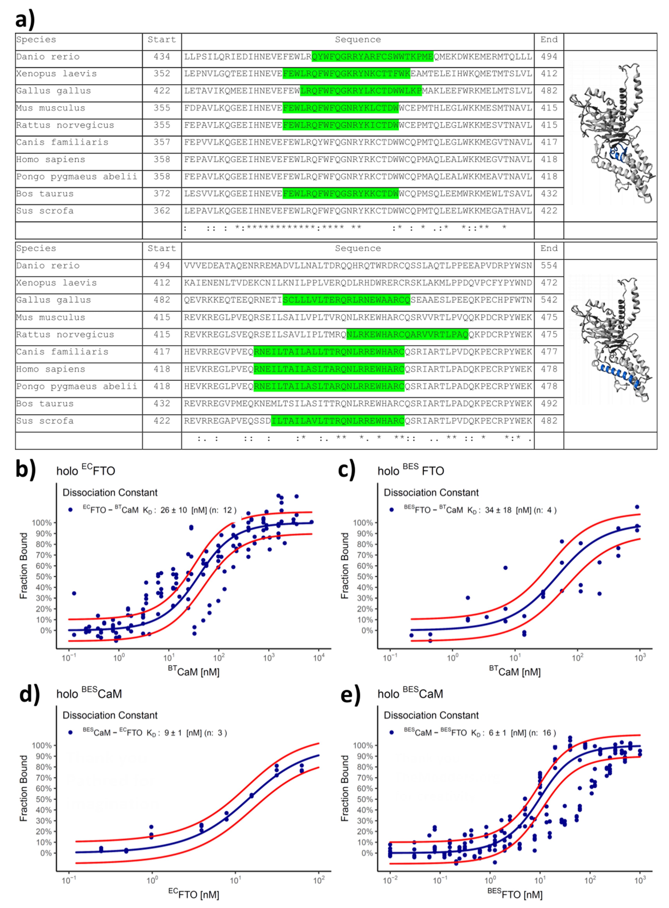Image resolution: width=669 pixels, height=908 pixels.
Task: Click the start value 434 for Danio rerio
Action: click(161, 57)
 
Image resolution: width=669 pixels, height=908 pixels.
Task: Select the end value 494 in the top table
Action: click(549, 57)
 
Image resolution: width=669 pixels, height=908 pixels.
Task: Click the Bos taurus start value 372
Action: click(161, 194)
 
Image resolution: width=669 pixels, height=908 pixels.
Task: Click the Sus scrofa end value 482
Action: click(549, 421)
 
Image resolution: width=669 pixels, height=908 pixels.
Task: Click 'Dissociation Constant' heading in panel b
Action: click(110, 492)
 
